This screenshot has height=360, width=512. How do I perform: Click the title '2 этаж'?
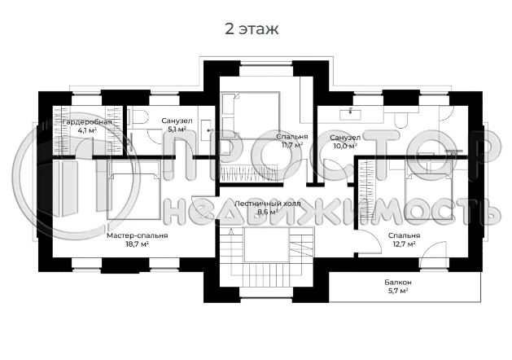point(252,29)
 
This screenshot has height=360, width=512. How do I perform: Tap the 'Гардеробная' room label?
point(87,122)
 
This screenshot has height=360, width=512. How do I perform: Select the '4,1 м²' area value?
point(87,130)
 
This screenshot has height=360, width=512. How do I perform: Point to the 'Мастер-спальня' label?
point(138,235)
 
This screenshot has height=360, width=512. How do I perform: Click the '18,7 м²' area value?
point(138,244)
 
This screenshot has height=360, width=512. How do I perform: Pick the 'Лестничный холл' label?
point(268,204)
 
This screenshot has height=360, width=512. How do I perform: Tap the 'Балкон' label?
point(398,283)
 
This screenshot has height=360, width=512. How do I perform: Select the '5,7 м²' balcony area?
point(398,291)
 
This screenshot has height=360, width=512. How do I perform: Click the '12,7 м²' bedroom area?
point(404,244)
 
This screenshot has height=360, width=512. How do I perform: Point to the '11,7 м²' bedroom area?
point(292,145)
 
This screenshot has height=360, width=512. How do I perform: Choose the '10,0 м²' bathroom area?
point(345,146)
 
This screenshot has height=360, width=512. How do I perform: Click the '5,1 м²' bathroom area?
point(177,130)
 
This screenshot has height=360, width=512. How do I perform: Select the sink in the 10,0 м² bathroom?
point(350,114)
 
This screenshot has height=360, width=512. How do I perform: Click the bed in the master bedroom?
point(133,190)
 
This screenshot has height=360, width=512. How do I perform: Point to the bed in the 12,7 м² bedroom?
point(428,190)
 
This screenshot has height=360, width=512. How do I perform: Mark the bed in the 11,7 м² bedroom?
point(251,116)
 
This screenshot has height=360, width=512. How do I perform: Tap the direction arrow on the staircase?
point(231,232)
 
